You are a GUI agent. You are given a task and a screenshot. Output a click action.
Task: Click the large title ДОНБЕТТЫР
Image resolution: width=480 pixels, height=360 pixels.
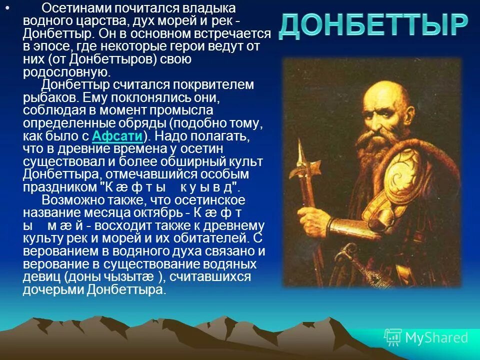(x=373, y=25)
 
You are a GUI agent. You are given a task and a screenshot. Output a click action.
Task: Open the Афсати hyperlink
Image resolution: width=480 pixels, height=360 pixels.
(x=118, y=136)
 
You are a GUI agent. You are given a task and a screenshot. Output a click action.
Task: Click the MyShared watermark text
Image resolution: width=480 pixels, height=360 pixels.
(x=436, y=337)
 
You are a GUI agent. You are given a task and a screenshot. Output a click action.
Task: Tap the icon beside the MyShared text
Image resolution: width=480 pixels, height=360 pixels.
(x=392, y=338)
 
